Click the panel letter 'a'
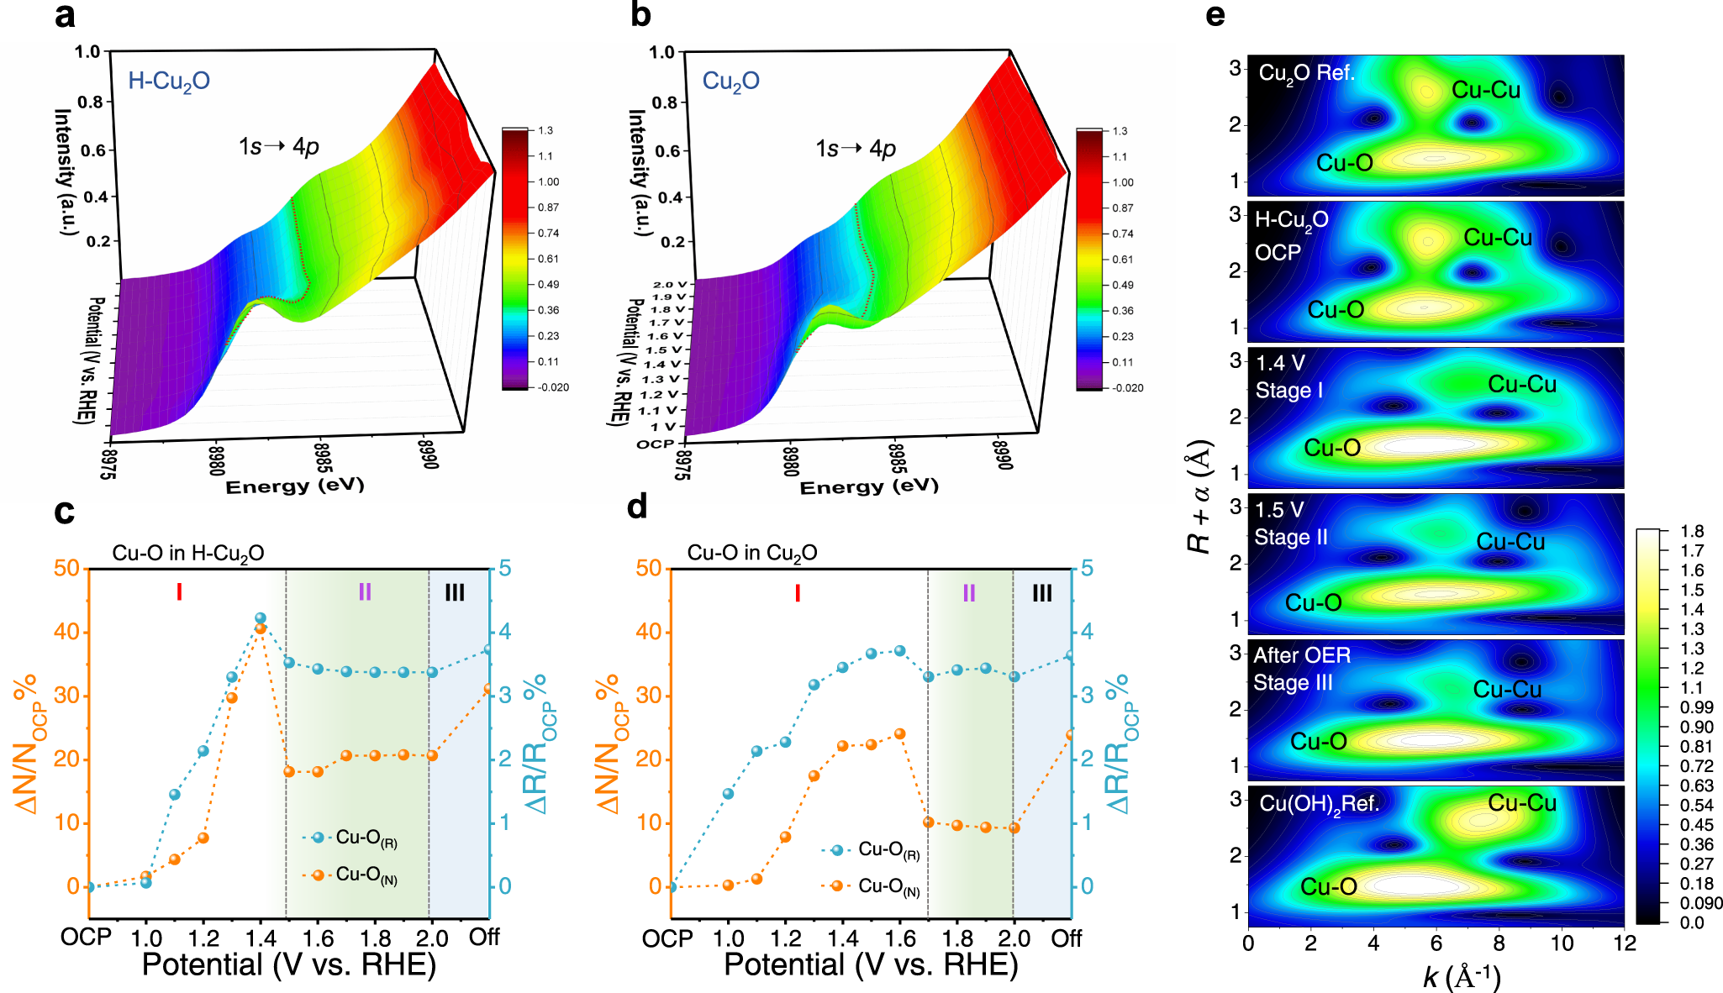[x=64, y=16]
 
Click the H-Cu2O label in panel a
[x=168, y=81]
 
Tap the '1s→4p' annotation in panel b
[x=855, y=149]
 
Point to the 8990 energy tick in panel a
[x=428, y=453]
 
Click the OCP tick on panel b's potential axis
[x=656, y=444]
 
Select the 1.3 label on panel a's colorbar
[x=545, y=130]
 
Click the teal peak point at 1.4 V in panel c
[x=261, y=618]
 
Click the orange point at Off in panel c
[x=488, y=689]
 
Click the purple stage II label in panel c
[x=365, y=592]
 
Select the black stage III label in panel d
[x=1041, y=593]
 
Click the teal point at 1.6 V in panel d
[x=899, y=650]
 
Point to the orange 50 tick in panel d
[x=648, y=568]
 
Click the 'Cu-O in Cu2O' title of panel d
[x=751, y=553]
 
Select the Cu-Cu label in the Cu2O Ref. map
[x=1485, y=90]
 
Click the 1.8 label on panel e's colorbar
[x=1692, y=531]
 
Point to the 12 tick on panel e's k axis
[x=1624, y=943]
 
